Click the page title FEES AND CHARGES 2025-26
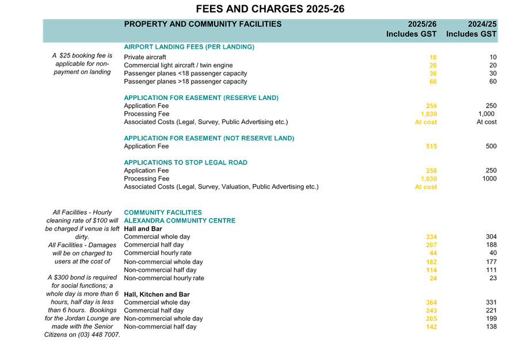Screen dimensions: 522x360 pos(270,9)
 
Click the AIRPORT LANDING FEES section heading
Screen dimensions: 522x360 pos(189,47)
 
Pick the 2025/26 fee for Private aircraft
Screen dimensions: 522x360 pos(433,58)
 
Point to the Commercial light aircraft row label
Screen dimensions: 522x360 pos(178,65)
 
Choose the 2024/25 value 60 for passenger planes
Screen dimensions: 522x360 pos(493,82)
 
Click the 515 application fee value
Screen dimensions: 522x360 pos(432,147)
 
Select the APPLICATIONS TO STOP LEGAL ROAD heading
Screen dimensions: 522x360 pos(186,162)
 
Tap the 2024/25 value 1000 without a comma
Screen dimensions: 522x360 pos(489,179)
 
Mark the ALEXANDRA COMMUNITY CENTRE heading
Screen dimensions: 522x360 pos(180,221)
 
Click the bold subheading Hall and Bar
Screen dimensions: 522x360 pos(143,229)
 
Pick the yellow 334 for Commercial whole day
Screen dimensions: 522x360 pos(432,237)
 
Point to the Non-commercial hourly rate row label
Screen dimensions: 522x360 pos(164,278)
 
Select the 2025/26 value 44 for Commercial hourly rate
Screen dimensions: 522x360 pos(433,253)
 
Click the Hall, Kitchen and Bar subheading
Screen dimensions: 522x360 pos(157,294)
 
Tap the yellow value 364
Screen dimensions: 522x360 pos(432,302)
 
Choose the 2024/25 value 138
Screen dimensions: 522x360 pos(491,327)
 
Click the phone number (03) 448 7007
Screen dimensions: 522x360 pos(99,335)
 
